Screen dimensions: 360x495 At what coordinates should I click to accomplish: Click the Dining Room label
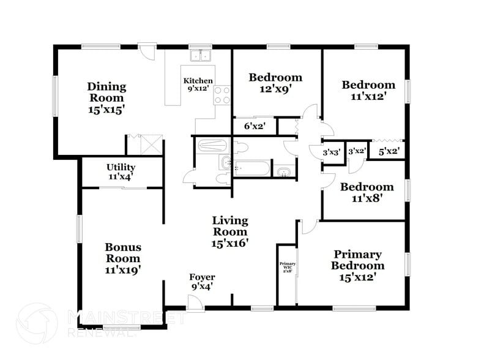pos(106,97)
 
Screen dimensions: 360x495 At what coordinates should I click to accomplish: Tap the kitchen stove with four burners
pos(222,95)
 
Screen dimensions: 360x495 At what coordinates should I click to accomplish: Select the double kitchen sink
pos(200,56)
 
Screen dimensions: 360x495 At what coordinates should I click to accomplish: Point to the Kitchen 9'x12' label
pos(198,84)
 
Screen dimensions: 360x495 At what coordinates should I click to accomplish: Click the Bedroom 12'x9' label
pos(275,83)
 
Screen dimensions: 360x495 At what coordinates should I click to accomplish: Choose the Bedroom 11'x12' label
pos(368,90)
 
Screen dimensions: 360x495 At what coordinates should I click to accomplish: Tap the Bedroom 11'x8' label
pos(367,192)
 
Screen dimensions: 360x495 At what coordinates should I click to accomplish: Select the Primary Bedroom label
pos(357,266)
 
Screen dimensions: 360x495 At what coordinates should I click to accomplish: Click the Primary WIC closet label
pos(287,267)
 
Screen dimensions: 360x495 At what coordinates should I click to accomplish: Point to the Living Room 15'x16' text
pos(230,231)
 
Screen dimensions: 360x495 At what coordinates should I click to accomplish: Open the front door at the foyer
pos(195,302)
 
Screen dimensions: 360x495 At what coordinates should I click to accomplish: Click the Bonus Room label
pos(123,258)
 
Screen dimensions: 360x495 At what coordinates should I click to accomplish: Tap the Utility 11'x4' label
pos(121,171)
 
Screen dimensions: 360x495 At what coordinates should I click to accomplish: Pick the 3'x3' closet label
pos(332,152)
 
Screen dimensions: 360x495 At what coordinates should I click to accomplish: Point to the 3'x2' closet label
pos(357,151)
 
